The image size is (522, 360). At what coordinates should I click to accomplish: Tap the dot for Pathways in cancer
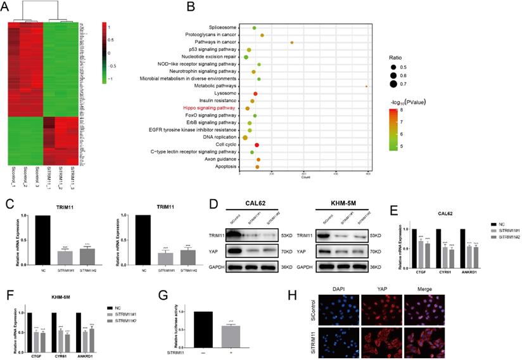coord(292,42)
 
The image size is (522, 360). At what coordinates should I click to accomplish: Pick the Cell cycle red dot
coord(256,145)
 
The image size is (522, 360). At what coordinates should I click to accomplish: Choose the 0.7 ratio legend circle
coord(396,83)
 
